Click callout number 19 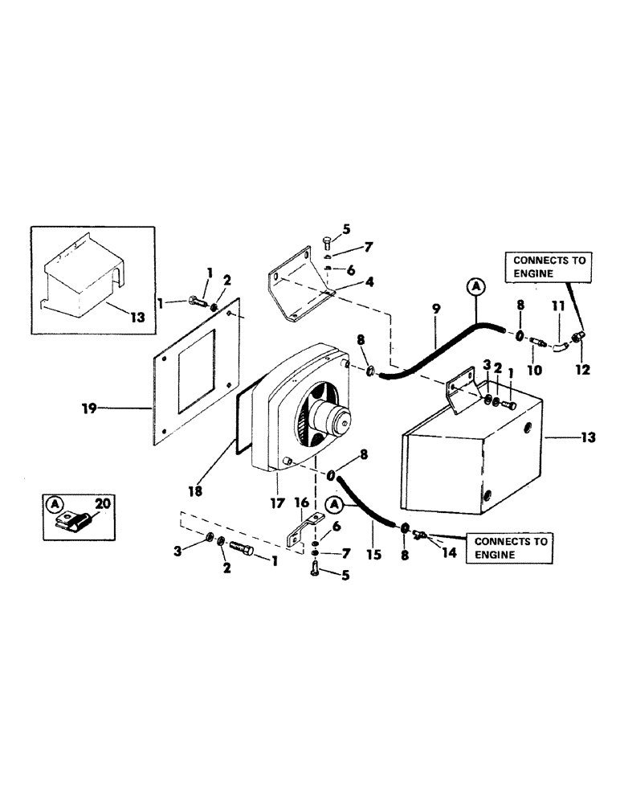[89, 408]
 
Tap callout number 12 [583, 371]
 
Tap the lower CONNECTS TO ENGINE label [512, 548]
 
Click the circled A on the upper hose [475, 288]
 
